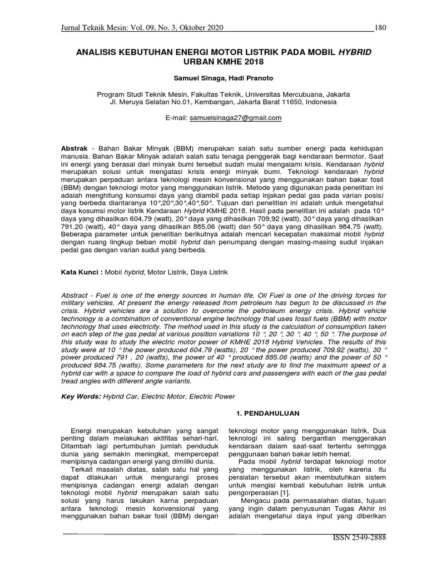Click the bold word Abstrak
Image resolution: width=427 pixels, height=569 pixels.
click(74, 151)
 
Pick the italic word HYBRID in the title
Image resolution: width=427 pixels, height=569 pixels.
click(354, 51)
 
